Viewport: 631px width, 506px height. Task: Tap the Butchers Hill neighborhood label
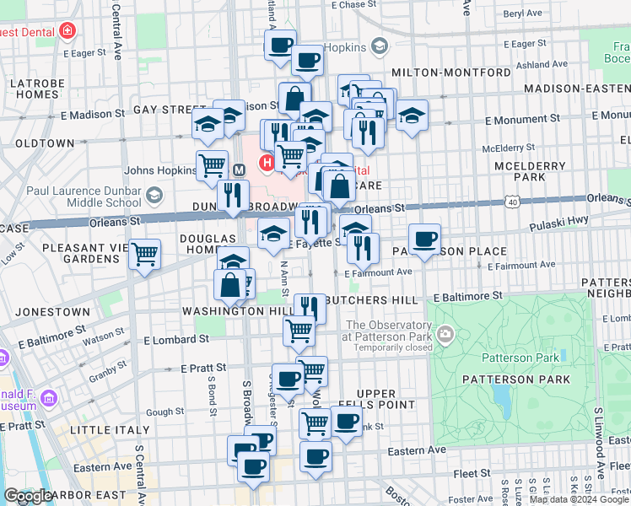(371, 300)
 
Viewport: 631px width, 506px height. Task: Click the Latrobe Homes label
(33, 89)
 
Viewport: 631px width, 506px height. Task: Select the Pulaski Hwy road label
(558, 227)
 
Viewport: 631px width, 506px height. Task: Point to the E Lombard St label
(176, 339)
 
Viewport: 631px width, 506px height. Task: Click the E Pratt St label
(203, 369)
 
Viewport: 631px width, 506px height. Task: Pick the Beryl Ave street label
(524, 13)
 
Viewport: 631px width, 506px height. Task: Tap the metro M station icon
(239, 170)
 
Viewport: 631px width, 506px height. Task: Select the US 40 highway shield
(512, 201)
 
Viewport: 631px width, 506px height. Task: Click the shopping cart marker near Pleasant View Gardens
(145, 253)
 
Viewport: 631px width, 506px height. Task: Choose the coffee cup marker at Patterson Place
(424, 240)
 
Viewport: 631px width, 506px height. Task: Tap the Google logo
(28, 496)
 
